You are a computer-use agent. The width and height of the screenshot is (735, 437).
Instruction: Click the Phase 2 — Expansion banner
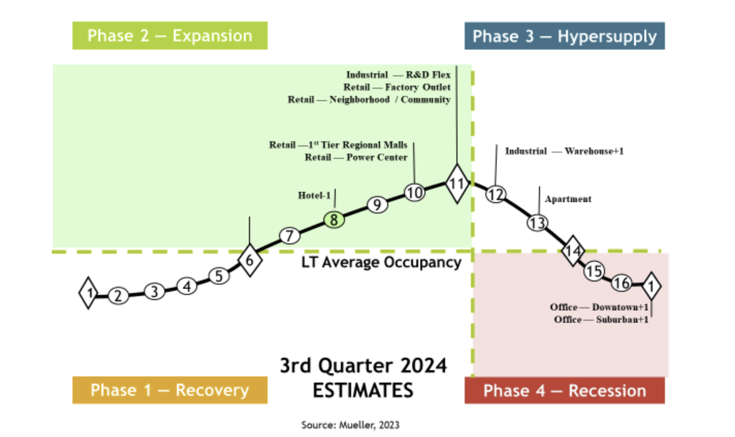170,36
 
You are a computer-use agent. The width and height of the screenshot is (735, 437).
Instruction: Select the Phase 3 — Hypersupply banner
564,36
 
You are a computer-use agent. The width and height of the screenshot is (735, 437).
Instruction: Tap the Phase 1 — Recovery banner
170,390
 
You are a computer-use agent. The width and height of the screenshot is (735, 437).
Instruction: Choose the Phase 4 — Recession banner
564,390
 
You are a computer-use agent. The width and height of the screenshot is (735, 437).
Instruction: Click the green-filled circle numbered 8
334,220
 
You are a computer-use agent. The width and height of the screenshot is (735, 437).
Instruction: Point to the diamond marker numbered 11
457,183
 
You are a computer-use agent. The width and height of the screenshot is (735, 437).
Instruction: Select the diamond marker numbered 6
249,260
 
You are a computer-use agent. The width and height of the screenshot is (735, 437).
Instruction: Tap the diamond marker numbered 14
572,251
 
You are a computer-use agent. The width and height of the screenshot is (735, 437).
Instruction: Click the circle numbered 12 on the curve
495,194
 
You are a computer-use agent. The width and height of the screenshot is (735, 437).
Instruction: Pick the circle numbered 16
622,282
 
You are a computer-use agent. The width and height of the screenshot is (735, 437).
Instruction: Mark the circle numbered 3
154,291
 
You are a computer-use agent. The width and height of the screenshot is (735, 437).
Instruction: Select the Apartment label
568,199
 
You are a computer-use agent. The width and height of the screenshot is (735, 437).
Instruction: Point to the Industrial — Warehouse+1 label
564,151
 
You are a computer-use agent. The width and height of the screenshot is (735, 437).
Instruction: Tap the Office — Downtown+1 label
599,307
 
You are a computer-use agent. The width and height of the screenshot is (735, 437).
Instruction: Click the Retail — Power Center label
356,158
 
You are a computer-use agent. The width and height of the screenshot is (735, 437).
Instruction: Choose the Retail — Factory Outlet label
397,87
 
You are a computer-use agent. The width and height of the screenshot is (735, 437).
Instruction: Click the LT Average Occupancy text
382,263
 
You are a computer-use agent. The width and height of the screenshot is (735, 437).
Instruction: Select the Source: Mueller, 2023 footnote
350,425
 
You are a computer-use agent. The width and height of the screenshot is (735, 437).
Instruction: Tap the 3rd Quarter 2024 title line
363,366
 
